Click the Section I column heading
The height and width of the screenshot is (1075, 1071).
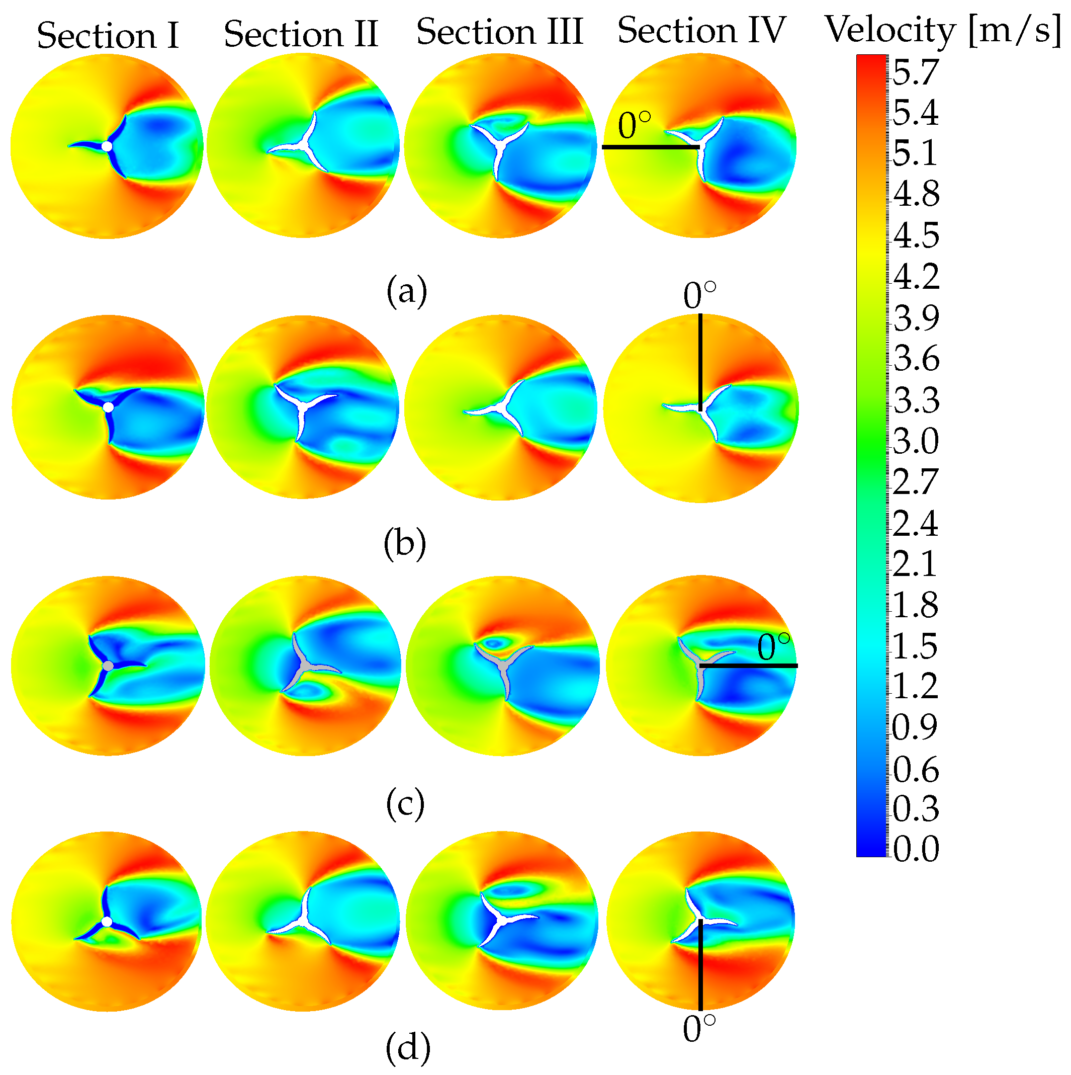click(x=108, y=36)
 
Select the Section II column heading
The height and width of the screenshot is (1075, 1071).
click(x=301, y=34)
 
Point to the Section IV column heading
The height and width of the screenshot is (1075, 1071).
click(x=701, y=30)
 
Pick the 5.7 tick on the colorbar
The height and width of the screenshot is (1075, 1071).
click(x=915, y=73)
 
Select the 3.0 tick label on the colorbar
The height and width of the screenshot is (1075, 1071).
click(x=915, y=441)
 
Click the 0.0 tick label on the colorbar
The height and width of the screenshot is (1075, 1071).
click(x=915, y=849)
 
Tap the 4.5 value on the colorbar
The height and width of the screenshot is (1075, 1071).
click(x=915, y=235)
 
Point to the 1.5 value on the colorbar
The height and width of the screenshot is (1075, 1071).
click(x=915, y=646)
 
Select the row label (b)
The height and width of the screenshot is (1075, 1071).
click(x=405, y=544)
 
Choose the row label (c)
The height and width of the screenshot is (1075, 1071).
click(x=405, y=804)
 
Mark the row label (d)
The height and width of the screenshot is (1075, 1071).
click(x=408, y=1048)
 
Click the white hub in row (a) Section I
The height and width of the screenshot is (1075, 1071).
click(x=107, y=146)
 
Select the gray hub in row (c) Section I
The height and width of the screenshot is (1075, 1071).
click(x=109, y=666)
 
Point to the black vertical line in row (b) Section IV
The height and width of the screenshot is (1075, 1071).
click(x=700, y=362)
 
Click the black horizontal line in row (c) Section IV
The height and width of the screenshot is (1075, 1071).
click(x=748, y=666)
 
